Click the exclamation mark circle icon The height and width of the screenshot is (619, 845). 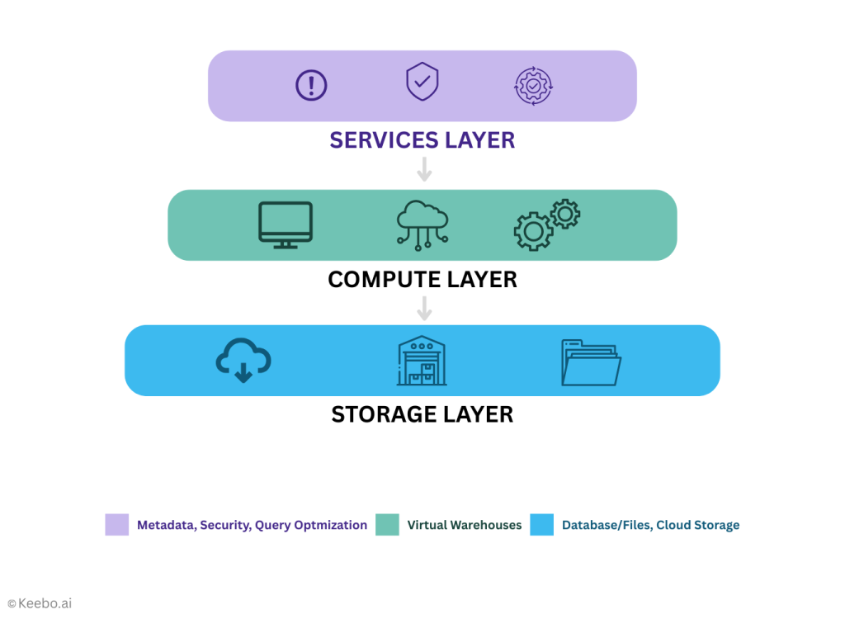click(311, 85)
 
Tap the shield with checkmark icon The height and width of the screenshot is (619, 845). click(422, 83)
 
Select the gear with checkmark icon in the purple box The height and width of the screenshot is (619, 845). click(533, 85)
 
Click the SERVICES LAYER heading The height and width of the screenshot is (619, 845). click(422, 139)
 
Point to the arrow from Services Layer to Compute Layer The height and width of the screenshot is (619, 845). click(424, 169)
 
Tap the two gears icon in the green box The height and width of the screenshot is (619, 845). click(546, 224)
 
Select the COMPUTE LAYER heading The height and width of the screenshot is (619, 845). click(422, 280)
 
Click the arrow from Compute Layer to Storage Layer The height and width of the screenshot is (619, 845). click(424, 309)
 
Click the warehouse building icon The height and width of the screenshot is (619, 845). click(422, 361)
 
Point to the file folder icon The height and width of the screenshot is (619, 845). click(591, 362)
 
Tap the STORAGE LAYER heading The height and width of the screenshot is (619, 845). click(422, 413)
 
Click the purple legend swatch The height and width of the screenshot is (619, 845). click(116, 525)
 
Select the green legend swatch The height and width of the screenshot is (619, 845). click(387, 525)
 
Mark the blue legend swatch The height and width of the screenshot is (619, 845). click(541, 525)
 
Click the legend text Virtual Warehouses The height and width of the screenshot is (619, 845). click(465, 525)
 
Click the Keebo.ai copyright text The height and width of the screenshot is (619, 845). click(40, 603)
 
